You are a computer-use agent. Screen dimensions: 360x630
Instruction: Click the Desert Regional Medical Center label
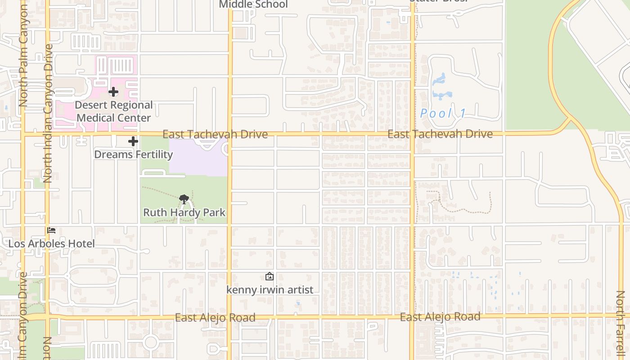114,112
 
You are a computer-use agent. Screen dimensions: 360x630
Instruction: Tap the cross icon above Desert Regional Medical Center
113,92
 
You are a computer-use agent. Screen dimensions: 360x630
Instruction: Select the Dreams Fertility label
133,154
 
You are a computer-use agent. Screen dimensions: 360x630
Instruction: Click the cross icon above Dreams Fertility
133,141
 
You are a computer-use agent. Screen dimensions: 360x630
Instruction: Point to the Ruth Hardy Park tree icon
184,199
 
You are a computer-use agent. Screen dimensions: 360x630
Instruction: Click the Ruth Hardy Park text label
184,212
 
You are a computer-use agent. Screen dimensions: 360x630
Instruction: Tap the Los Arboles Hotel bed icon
51,230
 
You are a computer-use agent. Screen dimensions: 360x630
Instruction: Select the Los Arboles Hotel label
52,244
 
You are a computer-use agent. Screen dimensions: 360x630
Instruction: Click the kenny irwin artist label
270,290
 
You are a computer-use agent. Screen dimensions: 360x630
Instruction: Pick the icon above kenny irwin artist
269,276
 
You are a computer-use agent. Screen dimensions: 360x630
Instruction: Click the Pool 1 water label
443,113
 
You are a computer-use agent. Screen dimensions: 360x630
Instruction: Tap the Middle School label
253,4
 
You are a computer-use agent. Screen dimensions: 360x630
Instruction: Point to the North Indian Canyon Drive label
48,112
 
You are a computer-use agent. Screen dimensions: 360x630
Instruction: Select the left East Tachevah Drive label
215,134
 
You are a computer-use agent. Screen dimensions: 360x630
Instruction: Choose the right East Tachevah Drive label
440,134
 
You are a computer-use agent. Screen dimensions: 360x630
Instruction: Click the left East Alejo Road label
215,318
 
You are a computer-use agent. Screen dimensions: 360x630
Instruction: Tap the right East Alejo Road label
440,317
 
